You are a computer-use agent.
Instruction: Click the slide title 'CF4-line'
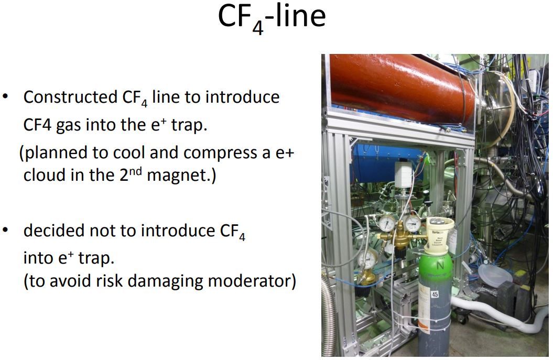[272, 18]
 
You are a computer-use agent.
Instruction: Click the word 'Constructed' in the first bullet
[70, 97]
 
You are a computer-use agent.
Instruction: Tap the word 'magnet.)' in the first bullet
[181, 175]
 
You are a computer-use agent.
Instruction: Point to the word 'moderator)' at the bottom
[252, 281]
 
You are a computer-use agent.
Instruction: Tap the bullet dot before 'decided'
[5, 230]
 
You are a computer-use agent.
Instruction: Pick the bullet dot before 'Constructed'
[5, 96]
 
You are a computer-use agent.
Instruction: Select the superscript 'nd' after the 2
[135, 171]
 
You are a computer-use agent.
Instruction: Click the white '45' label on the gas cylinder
[435, 294]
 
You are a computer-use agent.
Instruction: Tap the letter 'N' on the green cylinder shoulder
[440, 265]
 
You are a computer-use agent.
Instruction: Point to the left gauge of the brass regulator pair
[387, 223]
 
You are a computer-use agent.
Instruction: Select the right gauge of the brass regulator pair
[413, 223]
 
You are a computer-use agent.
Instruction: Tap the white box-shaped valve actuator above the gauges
[403, 174]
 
